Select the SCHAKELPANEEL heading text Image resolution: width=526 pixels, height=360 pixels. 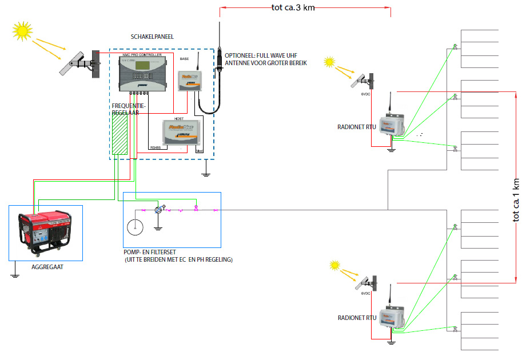coord(152,36)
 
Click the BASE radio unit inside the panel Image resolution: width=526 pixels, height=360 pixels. coord(189,81)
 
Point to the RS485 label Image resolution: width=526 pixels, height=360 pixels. coord(156,147)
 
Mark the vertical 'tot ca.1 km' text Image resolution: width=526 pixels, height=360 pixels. coord(517,200)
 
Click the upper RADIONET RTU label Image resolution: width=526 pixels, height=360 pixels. coord(357,127)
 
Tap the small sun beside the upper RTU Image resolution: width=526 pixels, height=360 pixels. coord(329,61)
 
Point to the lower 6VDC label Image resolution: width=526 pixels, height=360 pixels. coord(366,294)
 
